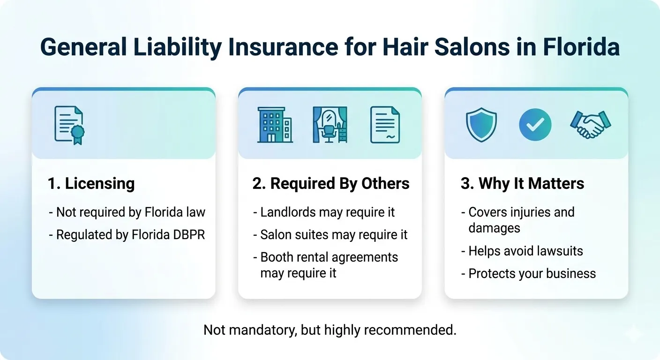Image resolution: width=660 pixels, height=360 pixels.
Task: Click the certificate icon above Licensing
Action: point(69,125)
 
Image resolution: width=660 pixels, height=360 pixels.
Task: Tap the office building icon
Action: point(275,125)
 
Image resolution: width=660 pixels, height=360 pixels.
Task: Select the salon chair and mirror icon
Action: point(330,125)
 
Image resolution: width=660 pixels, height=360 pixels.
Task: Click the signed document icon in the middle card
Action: point(385,125)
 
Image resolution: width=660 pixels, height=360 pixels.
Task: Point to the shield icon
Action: point(481,125)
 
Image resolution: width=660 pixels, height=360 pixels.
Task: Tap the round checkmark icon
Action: point(535,125)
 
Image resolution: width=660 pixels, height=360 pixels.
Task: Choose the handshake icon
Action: point(590,125)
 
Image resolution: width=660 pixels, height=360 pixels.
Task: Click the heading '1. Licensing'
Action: point(91,184)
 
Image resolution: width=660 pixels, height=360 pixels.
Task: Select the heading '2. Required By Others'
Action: point(330,184)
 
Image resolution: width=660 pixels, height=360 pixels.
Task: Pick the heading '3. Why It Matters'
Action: point(522,184)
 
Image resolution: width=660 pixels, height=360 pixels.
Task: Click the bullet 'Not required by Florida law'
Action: point(127,212)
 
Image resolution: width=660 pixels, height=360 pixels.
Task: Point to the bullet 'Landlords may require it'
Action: point(324,212)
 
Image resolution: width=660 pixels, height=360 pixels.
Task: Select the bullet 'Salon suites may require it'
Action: point(330,235)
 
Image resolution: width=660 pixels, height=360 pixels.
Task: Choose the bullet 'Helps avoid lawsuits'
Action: point(522,251)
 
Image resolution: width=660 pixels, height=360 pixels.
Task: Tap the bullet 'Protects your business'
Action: point(528,274)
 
